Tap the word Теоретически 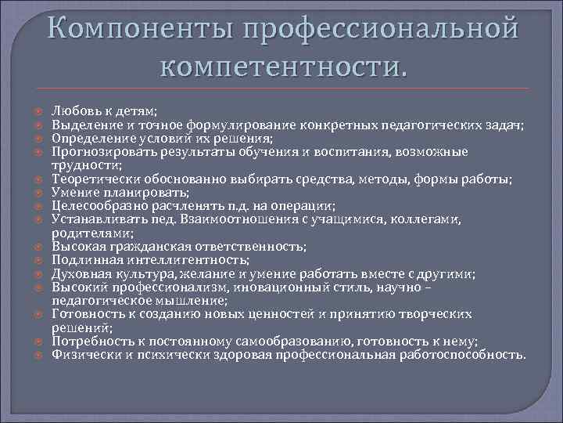click(90, 179)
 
